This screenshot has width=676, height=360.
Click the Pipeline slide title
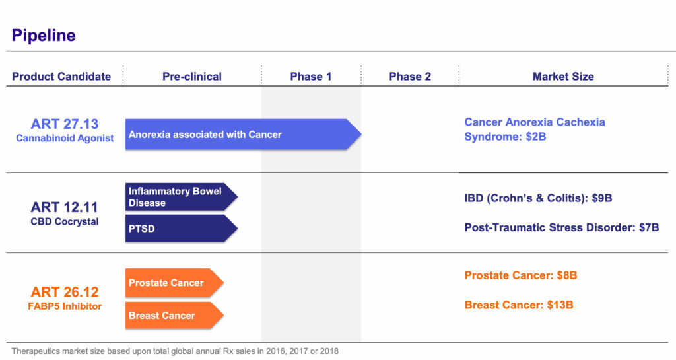(44, 36)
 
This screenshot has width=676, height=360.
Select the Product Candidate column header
(61, 77)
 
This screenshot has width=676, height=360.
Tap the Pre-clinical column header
(192, 77)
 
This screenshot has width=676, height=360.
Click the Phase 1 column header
(311, 77)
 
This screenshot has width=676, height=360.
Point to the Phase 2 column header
(410, 77)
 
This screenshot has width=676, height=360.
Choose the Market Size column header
(563, 77)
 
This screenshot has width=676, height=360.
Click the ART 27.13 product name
(65, 124)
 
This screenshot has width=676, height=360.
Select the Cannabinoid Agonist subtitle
(65, 138)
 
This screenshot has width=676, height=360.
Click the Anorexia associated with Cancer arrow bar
(243, 135)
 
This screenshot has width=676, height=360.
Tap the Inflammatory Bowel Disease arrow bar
(181, 197)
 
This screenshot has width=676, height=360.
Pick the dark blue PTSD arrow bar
(181, 229)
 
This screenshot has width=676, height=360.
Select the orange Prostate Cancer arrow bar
(174, 283)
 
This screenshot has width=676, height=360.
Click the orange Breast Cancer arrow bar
(174, 316)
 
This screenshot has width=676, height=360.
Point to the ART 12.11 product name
(65, 207)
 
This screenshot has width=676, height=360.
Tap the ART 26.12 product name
(65, 292)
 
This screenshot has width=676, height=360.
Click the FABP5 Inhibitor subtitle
(65, 306)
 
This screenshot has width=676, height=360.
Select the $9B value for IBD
(602, 198)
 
